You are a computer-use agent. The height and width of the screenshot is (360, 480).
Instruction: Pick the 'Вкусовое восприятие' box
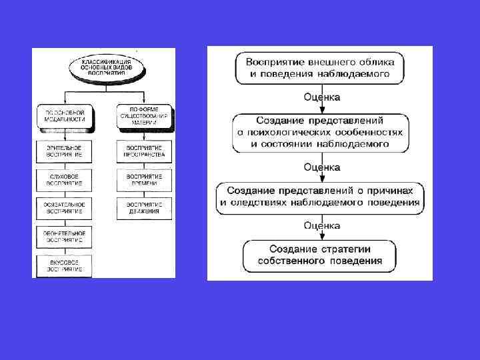(x=65, y=265)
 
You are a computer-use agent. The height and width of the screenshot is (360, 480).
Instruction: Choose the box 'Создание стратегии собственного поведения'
(x=321, y=255)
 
